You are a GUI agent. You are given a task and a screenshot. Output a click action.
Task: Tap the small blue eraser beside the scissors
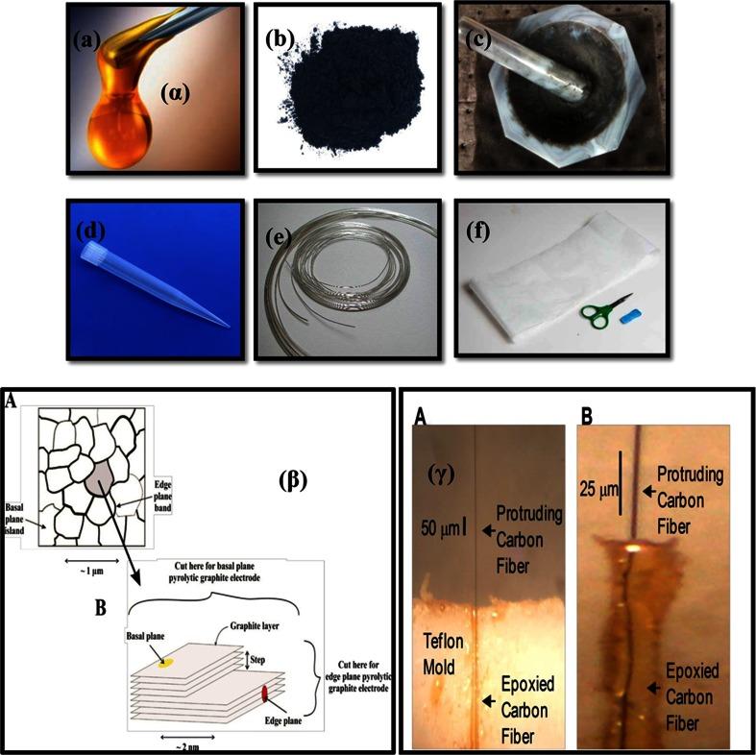630,313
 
